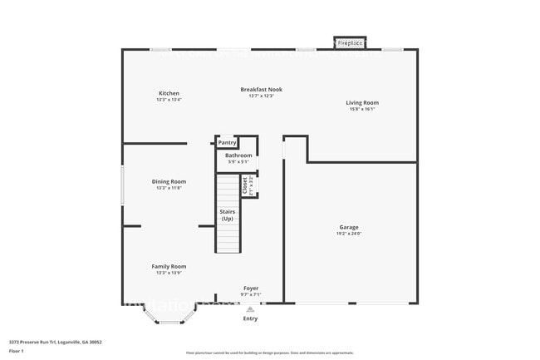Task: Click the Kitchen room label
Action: tap(169, 93)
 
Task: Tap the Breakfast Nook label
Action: tap(261, 89)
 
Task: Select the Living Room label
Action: tap(362, 103)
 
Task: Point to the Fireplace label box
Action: tap(350, 42)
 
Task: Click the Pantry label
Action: tap(227, 143)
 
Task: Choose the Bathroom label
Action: tap(238, 155)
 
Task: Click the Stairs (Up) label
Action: tap(227, 215)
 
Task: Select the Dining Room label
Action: tap(169, 181)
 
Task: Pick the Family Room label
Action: tap(169, 266)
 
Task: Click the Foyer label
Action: tap(251, 288)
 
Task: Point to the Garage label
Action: tap(349, 227)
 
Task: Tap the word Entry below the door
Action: tap(250, 318)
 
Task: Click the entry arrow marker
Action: tap(250, 308)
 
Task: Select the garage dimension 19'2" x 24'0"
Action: tap(349, 234)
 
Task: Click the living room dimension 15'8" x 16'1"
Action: tap(362, 109)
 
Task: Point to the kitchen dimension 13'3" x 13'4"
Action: tap(169, 100)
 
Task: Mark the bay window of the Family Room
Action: tap(170, 317)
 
